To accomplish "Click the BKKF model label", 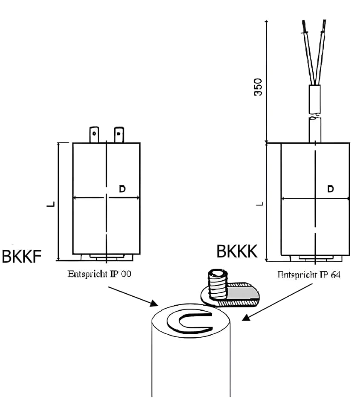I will point(22,257).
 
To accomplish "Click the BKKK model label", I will point(237,252).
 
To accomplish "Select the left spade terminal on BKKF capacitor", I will point(94,135).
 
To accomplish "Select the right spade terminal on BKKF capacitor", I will point(119,135).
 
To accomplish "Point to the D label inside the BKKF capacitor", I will point(122,189).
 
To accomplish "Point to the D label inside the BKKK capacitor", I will point(330,189).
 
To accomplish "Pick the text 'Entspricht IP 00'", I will point(99,274).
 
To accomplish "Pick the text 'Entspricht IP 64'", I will point(309,275).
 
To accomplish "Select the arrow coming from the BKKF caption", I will point(132,296).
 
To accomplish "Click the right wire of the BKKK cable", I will point(320,51).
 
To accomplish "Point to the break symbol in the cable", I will point(315,114).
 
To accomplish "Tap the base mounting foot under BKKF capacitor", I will point(107,257).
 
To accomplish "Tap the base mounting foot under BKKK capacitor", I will point(315,258).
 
